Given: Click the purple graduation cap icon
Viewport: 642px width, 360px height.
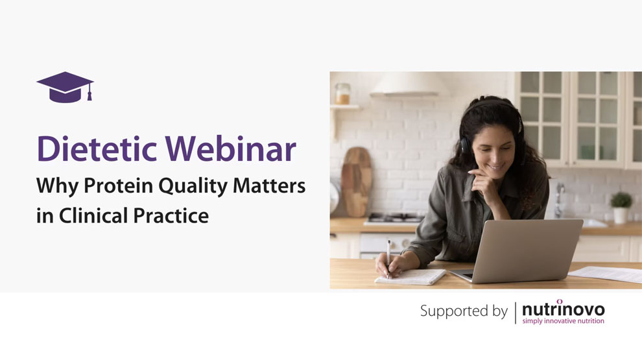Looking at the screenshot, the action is (65, 87).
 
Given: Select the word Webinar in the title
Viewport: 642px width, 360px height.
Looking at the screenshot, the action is (230, 149).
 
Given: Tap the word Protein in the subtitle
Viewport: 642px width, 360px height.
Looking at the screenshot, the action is (118, 186).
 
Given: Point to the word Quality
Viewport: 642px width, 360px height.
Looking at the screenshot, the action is (193, 186).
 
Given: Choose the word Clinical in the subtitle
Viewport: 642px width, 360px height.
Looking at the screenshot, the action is (93, 215).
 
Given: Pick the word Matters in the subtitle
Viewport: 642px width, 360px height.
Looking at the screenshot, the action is (269, 186).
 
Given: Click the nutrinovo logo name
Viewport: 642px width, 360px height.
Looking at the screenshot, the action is (564, 308).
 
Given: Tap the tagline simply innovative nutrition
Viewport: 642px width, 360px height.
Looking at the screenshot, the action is (564, 321).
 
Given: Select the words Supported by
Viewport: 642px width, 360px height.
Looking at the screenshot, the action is (464, 311).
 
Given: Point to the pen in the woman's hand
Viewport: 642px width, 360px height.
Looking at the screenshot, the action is (388, 258).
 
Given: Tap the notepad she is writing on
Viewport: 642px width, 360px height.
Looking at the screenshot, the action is (410, 277).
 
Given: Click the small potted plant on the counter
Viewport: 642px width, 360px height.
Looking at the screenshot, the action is (621, 208).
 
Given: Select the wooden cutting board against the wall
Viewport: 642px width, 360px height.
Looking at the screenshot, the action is (357, 182).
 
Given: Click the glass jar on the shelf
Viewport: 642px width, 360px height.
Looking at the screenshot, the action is (342, 94).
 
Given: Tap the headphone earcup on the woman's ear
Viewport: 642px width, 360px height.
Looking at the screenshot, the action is (465, 145).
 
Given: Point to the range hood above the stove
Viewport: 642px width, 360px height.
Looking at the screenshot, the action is (409, 84).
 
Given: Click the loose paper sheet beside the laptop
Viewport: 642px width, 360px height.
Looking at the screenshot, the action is (606, 274).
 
